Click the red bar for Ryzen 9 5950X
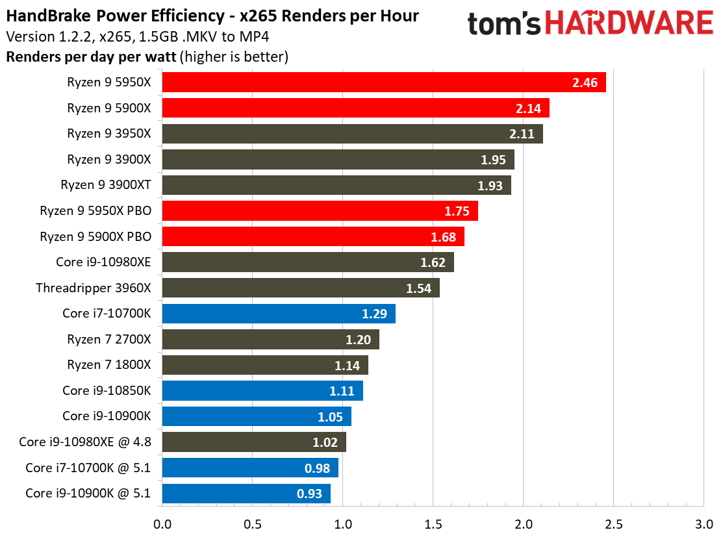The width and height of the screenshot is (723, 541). click(x=383, y=82)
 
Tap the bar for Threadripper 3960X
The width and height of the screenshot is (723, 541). click(x=300, y=288)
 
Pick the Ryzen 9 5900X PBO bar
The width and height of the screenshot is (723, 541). click(x=312, y=236)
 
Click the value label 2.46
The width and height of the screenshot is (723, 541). click(x=584, y=82)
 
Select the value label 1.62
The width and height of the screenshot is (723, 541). click(x=433, y=262)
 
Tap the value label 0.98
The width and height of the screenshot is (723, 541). click(x=317, y=468)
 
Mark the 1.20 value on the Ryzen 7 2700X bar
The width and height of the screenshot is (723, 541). click(x=358, y=340)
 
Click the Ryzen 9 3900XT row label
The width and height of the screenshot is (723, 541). click(x=106, y=185)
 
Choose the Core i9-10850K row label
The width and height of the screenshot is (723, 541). click(x=107, y=390)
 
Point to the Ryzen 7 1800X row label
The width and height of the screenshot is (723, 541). click(x=108, y=365)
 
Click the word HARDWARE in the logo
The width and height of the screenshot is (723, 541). click(x=629, y=24)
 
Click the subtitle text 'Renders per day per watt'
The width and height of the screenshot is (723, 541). click(x=91, y=57)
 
